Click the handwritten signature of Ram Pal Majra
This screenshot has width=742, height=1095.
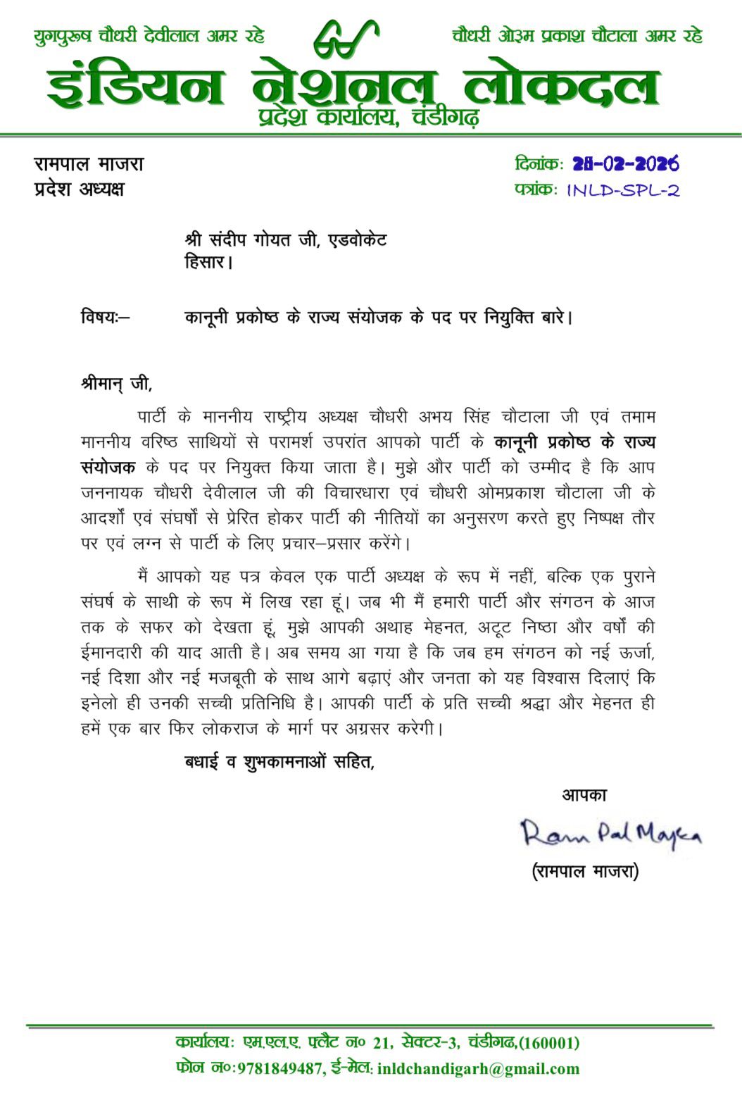pos(610,834)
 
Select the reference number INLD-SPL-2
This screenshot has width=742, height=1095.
pos(623,190)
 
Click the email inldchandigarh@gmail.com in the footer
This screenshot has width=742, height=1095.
pos(478,1069)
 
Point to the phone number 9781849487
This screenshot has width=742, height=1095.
pos(279,1069)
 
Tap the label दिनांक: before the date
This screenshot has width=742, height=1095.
pos(539,164)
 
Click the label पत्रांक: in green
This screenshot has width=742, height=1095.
pos(536,190)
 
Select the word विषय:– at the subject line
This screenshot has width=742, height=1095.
pos(105,318)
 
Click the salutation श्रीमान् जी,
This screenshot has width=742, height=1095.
pos(116,384)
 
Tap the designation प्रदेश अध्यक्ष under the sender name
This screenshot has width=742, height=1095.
pos(79,189)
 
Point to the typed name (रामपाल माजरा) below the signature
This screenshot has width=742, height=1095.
pos(585,872)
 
